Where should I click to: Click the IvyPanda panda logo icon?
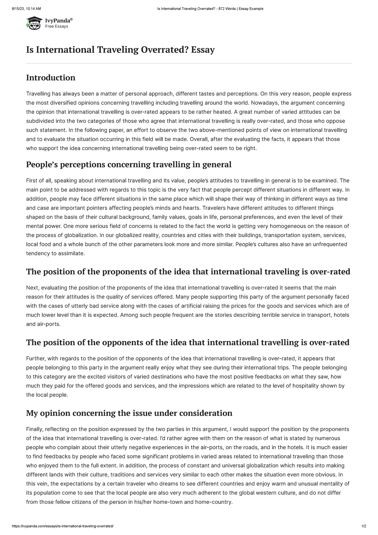[34, 23]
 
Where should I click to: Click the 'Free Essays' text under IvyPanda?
[57, 26]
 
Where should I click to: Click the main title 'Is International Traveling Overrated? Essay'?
[120, 50]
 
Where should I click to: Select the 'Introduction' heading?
[50, 78]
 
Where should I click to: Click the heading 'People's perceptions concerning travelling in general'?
[129, 164]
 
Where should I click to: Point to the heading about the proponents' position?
[188, 271]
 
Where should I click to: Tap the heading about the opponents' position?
[188, 342]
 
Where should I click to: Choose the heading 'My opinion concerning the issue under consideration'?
[129, 413]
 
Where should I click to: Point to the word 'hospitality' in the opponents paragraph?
[310, 386]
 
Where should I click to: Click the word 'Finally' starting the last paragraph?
[35, 429]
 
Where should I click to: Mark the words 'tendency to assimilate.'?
[55, 253]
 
